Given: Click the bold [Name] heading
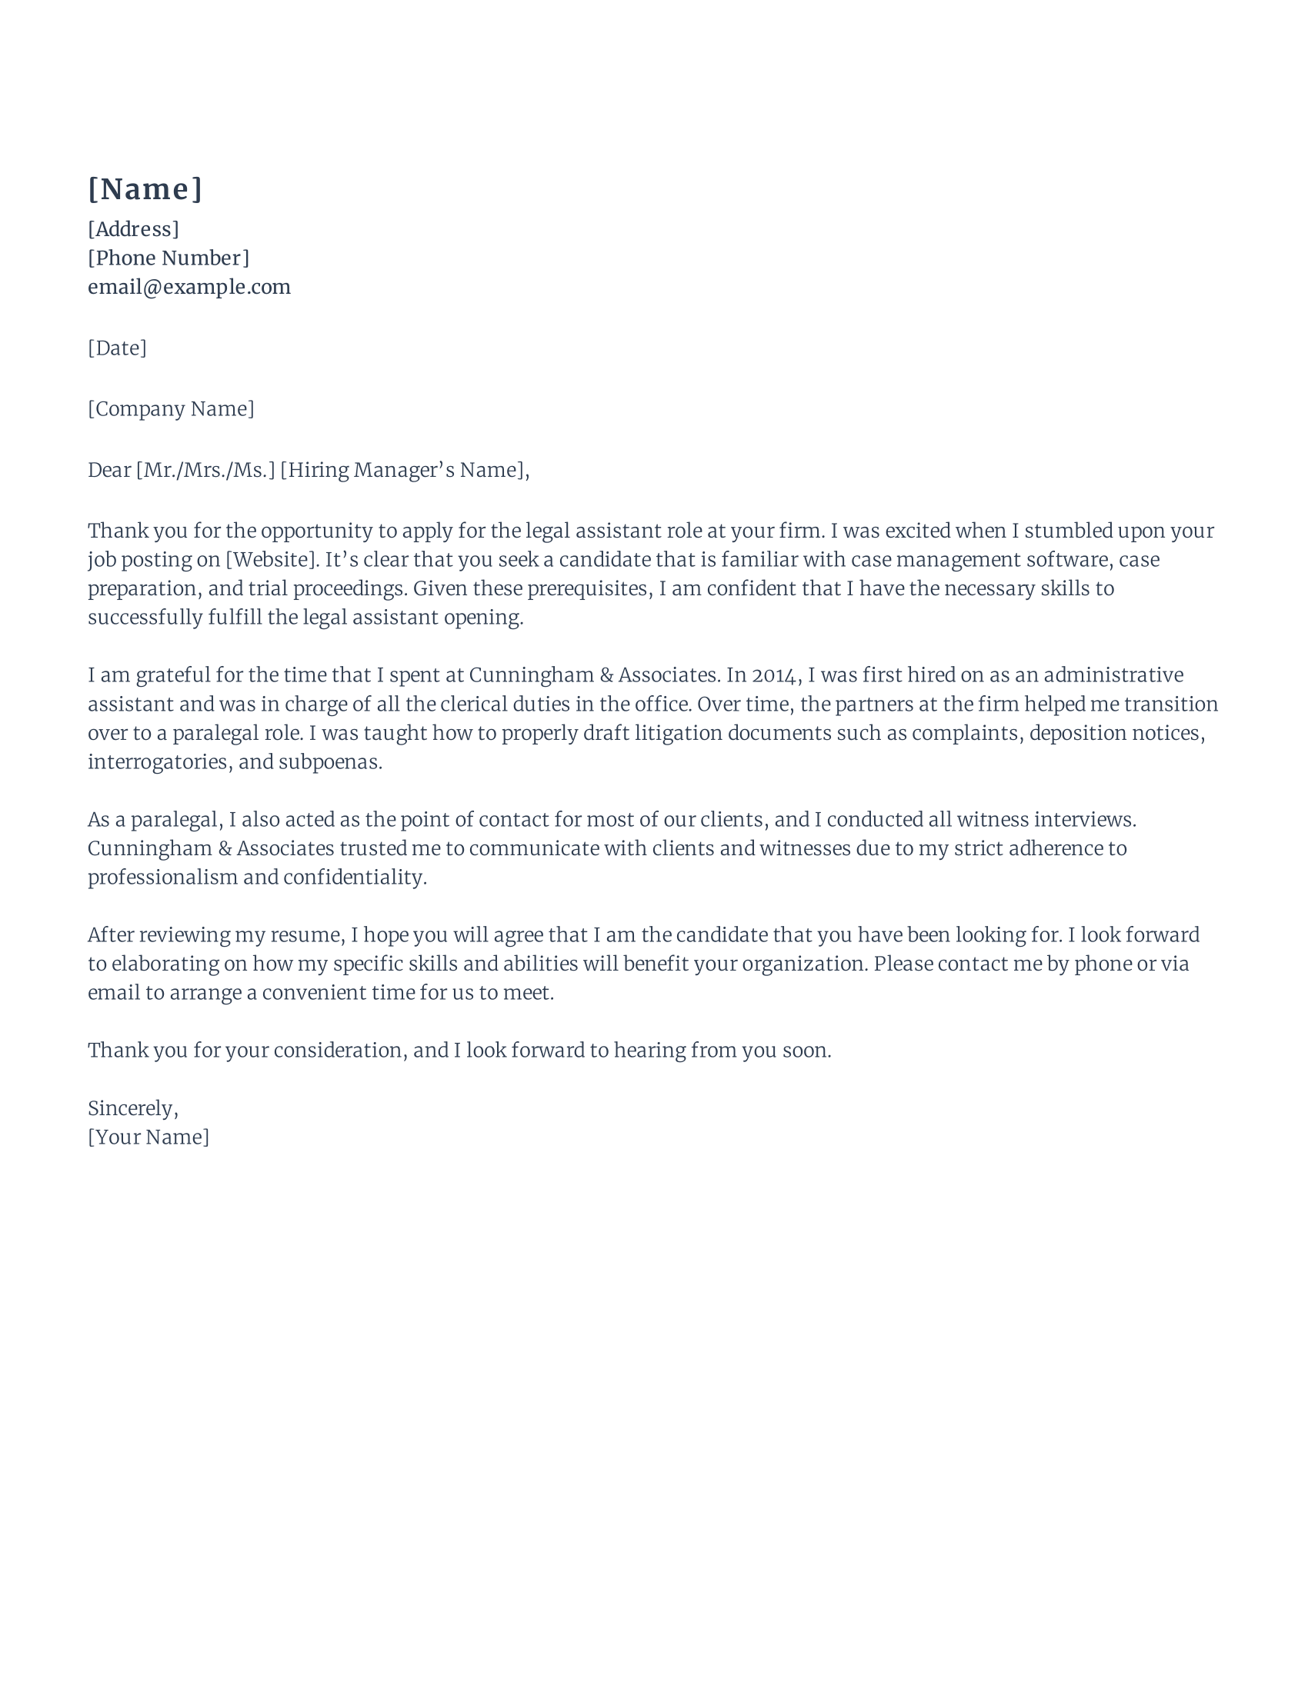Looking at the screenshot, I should coord(145,190).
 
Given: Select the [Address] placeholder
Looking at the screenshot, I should coord(133,229).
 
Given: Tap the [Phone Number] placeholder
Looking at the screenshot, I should coord(169,258).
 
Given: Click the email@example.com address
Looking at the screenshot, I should coord(189,288).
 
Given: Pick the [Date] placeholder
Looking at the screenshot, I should coord(117,348).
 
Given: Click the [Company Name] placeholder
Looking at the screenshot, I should coord(171,409).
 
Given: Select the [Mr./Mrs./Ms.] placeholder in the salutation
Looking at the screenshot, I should coord(205,470).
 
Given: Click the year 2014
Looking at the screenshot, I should coord(774,675).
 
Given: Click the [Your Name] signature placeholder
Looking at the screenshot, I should coord(148,1137).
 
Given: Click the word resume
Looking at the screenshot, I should coord(305,936).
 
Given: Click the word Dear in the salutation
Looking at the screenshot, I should coord(108,470).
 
